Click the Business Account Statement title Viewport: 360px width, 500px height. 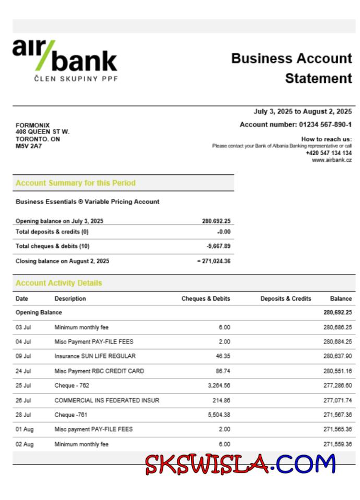(292, 68)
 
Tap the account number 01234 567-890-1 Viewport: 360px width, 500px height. (295, 124)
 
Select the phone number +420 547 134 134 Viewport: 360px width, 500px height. (329, 153)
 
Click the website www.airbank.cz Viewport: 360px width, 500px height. (332, 160)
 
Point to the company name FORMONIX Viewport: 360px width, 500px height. (33, 125)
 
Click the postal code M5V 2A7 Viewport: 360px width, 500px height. (29, 146)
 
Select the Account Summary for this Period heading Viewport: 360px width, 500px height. (75, 183)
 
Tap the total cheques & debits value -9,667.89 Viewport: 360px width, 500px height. (218, 246)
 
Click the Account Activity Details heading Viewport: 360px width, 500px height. (59, 283)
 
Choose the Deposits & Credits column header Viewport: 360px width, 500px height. (285, 299)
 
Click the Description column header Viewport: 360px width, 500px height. (70, 299)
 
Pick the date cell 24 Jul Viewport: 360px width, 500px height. (23, 371)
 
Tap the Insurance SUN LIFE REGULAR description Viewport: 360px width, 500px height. (95, 356)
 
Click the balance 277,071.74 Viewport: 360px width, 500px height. (338, 400)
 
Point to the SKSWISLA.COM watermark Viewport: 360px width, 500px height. (240, 463)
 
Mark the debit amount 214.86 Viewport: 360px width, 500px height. (221, 400)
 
